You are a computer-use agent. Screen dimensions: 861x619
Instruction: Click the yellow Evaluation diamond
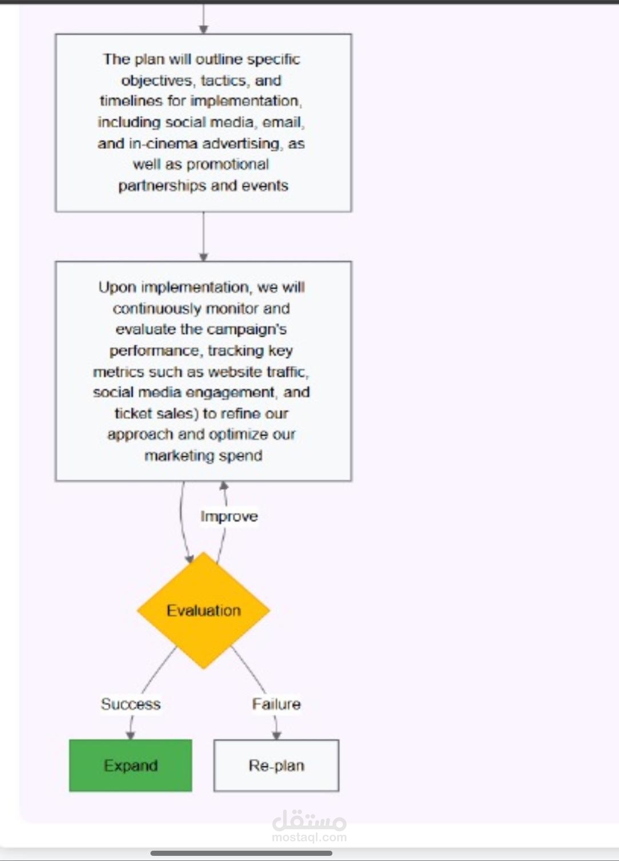(203, 610)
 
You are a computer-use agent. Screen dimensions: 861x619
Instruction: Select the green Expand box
(130, 765)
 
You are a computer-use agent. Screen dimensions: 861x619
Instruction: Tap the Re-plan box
(276, 765)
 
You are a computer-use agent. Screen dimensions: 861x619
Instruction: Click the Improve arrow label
(229, 516)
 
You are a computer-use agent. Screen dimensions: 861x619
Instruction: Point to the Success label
(130, 704)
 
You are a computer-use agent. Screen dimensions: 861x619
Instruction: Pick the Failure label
(276, 704)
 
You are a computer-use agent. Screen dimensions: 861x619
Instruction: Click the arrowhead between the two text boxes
(203, 257)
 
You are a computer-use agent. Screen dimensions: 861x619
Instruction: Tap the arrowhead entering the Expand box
(130, 735)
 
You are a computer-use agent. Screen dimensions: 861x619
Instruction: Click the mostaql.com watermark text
(309, 837)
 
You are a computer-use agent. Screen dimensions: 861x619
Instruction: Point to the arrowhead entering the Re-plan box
(276, 735)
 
